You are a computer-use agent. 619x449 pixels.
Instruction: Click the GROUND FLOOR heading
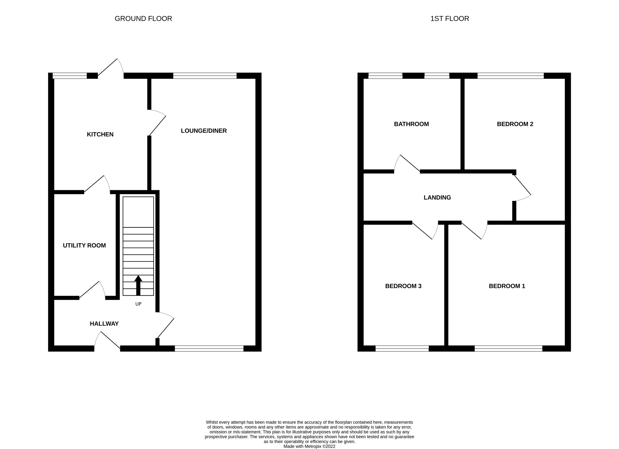pos(143,19)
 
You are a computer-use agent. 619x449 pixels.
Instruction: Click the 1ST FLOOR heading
pos(450,19)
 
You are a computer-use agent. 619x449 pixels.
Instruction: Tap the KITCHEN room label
pos(100,134)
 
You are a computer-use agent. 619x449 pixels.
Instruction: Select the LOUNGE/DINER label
pos(203,131)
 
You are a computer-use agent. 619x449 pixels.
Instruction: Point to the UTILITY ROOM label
pos(84,245)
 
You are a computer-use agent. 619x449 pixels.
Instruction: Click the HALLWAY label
pos(104,323)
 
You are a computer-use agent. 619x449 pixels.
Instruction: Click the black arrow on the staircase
pos(138,285)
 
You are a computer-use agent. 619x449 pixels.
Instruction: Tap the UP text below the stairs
pos(139,304)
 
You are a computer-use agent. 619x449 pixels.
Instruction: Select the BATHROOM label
pos(411,124)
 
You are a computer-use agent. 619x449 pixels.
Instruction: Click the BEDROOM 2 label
pos(515,124)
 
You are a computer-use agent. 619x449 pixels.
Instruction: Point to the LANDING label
pos(437,197)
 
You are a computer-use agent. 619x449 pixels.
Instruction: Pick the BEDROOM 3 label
pos(403,286)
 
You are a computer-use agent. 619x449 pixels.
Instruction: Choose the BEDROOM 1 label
pos(507,286)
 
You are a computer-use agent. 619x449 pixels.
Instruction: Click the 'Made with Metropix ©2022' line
pos(309,446)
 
